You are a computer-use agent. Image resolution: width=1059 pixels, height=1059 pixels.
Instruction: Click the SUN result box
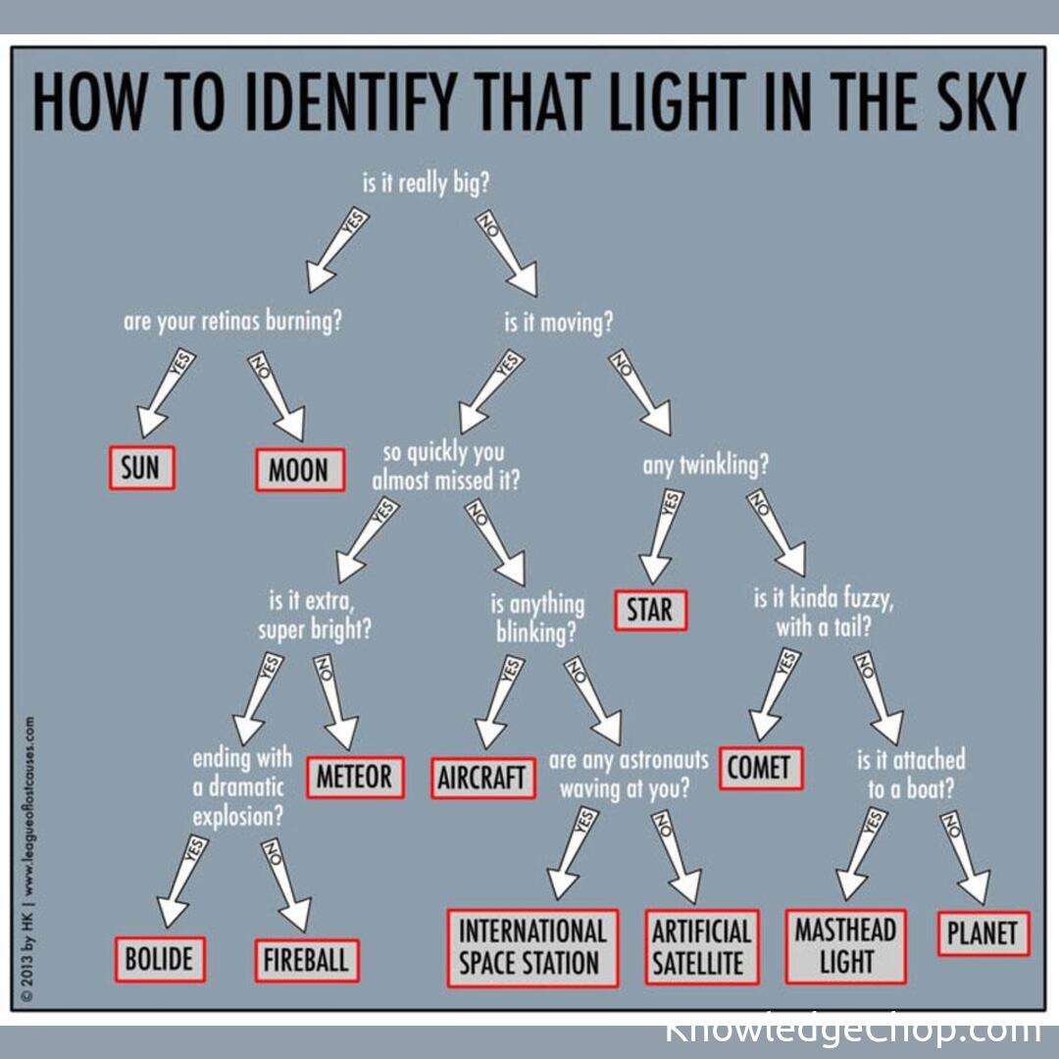pos(141,468)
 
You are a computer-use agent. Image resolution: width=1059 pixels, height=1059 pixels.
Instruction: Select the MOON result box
pos(299,470)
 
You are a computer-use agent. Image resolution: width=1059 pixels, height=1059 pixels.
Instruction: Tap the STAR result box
pos(651,610)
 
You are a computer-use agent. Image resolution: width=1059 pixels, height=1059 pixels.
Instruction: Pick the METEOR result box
pos(354,777)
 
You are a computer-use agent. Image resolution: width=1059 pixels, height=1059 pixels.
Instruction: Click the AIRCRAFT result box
pos(482,779)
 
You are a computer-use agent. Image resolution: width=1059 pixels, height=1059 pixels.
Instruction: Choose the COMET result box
pos(760,769)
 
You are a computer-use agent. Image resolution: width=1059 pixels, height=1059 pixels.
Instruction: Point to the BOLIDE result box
pos(160,958)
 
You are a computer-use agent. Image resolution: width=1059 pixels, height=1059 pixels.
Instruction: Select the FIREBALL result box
pos(306,960)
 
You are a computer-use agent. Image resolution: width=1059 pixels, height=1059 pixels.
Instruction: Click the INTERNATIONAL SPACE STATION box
pos(532,946)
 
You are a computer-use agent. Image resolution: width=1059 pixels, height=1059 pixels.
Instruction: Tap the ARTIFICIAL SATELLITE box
pos(701,946)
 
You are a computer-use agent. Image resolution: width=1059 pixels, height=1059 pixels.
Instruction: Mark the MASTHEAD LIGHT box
pos(845,945)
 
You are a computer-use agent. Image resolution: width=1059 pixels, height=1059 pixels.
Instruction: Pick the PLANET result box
pos(983,933)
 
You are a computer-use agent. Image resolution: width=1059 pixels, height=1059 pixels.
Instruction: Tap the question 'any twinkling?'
pos(706,464)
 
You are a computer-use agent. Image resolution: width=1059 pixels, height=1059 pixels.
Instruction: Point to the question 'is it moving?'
pos(558,323)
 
